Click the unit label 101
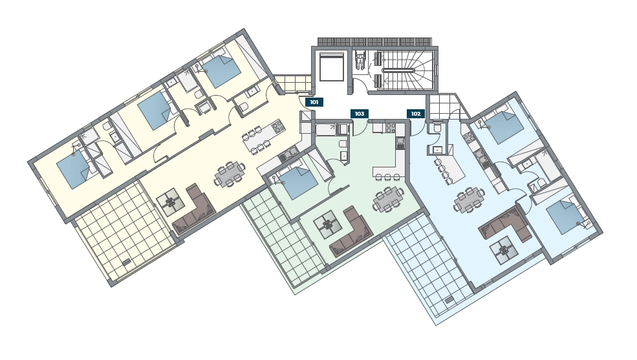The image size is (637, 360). pyautogui.click(x=314, y=102)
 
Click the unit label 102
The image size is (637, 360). pyautogui.click(x=416, y=114)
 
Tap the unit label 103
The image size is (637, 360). pyautogui.click(x=360, y=114)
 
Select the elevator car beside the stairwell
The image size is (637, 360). pyautogui.click(x=332, y=67)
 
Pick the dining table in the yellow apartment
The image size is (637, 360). pyautogui.click(x=230, y=175)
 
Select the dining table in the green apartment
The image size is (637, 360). pyautogui.click(x=389, y=199)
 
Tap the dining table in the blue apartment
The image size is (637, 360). pyautogui.click(x=470, y=200)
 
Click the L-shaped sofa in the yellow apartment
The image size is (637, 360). pyautogui.click(x=194, y=210)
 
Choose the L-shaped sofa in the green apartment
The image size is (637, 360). pyautogui.click(x=351, y=232)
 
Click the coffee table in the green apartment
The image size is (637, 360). pyautogui.click(x=327, y=224)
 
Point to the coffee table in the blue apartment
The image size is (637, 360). pyautogui.click(x=504, y=250)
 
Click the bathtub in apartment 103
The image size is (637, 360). pyautogui.click(x=327, y=129)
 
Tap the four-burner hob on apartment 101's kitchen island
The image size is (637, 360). pyautogui.click(x=278, y=127)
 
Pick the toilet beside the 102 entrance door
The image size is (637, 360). pyautogui.click(x=437, y=128)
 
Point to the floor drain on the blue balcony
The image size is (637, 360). pyautogui.click(x=449, y=301)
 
